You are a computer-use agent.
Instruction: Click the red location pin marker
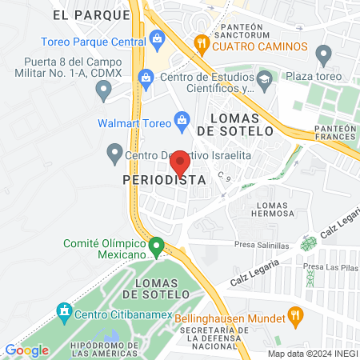pos(181,162)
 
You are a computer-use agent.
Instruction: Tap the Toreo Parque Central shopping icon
pos(157,37)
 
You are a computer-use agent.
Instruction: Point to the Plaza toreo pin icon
pos(324,55)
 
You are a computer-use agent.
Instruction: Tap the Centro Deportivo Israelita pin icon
pos(114,151)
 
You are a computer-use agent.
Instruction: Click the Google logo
pos(26,350)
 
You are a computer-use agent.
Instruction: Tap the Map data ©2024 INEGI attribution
pos(312,354)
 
